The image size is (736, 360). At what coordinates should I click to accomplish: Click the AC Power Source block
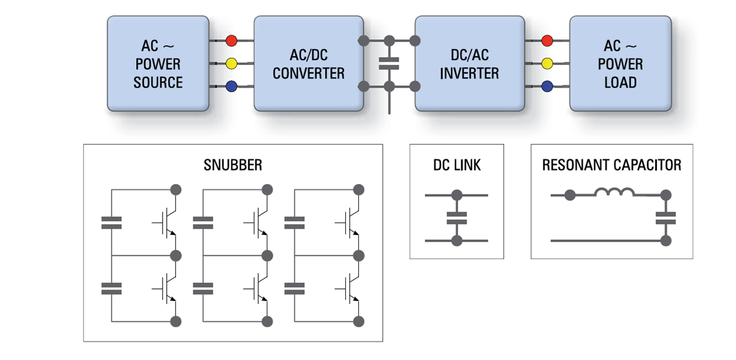(158, 64)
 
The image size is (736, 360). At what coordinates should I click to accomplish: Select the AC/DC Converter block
(309, 64)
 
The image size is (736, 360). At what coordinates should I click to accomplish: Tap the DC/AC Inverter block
(469, 64)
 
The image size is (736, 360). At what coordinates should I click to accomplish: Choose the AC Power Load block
(620, 64)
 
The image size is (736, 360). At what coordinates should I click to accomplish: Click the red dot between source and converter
(231, 41)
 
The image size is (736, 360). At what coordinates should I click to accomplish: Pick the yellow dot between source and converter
(231, 63)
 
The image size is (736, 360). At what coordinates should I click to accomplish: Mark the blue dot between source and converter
(231, 86)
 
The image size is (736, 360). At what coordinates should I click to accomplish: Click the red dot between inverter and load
(547, 41)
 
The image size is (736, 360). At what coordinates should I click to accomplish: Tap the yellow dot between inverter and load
(547, 63)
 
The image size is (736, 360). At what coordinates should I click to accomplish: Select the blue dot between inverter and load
(547, 86)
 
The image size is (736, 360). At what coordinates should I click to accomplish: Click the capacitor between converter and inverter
(389, 63)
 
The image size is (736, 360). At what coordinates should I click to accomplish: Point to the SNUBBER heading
(232, 165)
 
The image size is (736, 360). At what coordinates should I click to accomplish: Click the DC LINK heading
(456, 165)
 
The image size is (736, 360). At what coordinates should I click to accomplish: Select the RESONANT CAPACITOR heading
(611, 165)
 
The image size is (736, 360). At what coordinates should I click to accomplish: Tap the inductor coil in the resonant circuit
(615, 193)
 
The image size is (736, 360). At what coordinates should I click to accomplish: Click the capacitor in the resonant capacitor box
(665, 218)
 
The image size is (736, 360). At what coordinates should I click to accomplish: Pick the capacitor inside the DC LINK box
(456, 218)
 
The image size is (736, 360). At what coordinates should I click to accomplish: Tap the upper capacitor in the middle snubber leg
(203, 223)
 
